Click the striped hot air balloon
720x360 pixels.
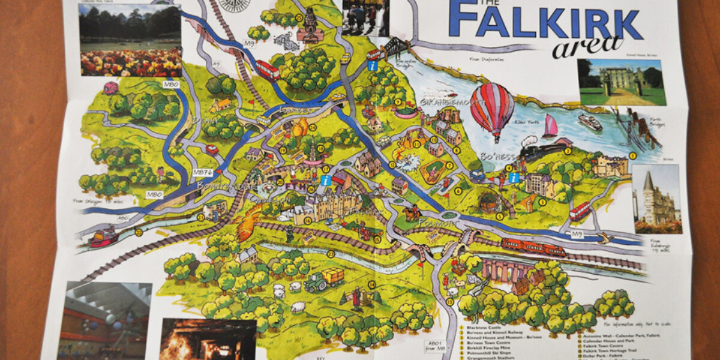point(491,109)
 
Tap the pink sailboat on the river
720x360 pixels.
point(550,127)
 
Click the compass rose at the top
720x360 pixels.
point(235,4)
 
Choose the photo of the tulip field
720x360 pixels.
point(131,41)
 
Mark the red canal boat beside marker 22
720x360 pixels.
point(103,236)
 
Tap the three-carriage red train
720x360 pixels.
point(533,247)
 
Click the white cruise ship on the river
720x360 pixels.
point(590,122)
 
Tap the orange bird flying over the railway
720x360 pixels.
point(247,221)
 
